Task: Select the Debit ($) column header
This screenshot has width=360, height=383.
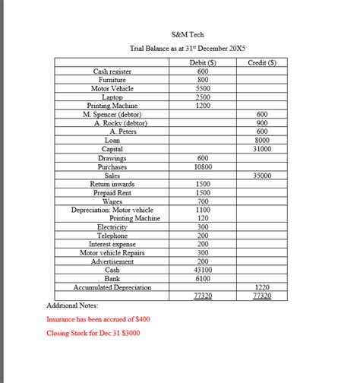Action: [203, 62]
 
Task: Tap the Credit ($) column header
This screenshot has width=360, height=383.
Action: [262, 62]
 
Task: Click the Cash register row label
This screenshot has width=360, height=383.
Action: [112, 71]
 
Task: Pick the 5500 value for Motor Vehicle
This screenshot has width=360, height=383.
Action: [203, 88]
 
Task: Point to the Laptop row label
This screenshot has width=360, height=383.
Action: [112, 97]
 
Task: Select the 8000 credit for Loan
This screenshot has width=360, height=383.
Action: [263, 140]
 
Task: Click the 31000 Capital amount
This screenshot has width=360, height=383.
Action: [263, 149]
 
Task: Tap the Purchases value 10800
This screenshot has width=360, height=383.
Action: [203, 166]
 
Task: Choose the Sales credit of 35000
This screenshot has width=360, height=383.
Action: [263, 176]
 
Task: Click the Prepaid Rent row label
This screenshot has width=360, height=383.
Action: [112, 193]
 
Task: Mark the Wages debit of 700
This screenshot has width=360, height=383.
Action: [203, 201]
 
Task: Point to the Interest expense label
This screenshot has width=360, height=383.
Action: [112, 244]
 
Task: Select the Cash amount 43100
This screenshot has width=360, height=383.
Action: [203, 270]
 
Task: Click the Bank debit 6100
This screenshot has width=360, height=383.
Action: [203, 279]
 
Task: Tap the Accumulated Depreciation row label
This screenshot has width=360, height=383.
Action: [112, 287]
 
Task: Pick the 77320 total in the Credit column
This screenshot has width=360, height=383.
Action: [263, 296]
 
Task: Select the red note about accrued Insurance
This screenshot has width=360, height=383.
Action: [98, 319]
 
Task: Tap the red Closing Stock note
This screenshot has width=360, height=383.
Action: [93, 333]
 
